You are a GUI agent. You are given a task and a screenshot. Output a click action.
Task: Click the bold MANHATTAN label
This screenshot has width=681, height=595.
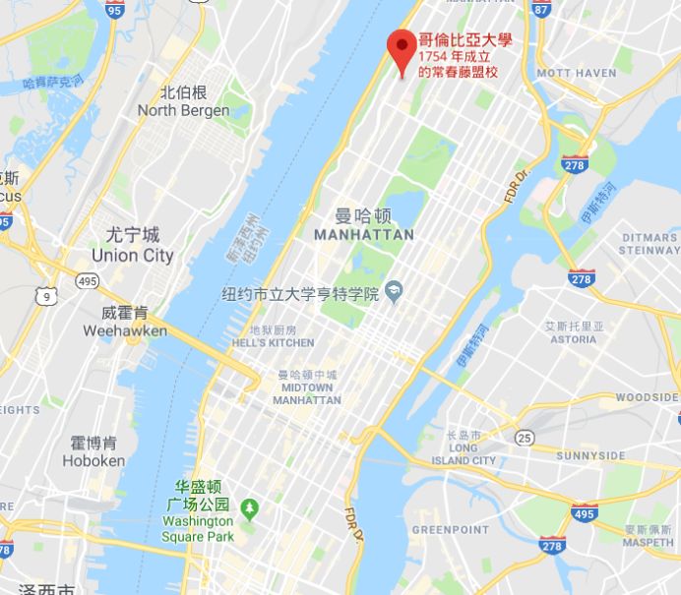(x=363, y=235)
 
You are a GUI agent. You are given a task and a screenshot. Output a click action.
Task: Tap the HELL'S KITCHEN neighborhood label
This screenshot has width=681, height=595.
(x=273, y=342)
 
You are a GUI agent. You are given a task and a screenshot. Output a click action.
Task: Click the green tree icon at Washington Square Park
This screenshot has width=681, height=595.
(x=250, y=506)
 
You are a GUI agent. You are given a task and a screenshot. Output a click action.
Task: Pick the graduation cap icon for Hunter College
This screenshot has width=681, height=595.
(x=395, y=290)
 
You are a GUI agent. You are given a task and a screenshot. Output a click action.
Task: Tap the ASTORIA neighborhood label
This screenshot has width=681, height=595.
(x=574, y=339)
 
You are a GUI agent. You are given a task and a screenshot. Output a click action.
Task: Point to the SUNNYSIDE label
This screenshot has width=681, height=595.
(x=590, y=456)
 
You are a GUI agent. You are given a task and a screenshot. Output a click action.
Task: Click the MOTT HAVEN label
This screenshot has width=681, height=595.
(x=576, y=74)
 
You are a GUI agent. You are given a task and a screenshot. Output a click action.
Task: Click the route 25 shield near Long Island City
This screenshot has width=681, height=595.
(x=526, y=436)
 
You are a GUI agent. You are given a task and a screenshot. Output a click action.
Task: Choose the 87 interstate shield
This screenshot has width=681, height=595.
(x=540, y=9)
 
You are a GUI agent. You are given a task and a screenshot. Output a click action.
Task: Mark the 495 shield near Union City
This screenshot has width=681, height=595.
(x=87, y=282)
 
